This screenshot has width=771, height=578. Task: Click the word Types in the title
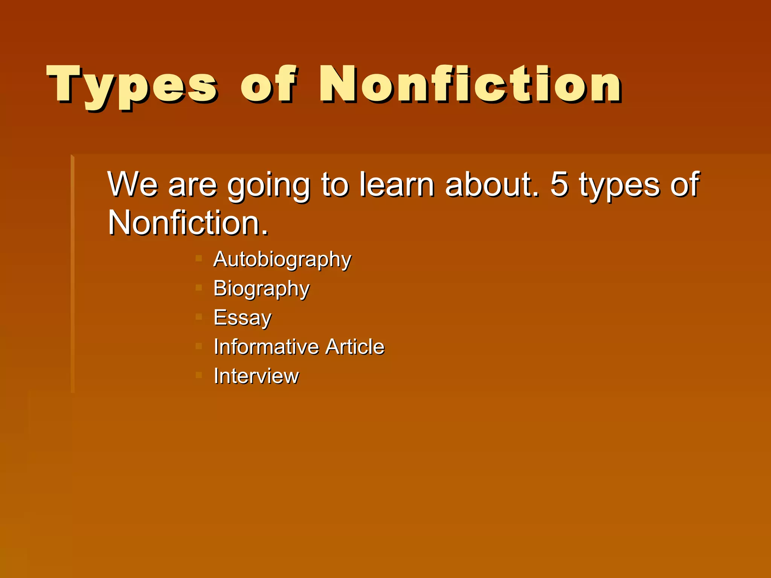tap(132, 86)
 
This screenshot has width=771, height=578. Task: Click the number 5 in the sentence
tap(559, 184)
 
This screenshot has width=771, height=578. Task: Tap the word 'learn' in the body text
tap(396, 184)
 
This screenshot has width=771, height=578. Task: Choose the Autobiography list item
tap(282, 260)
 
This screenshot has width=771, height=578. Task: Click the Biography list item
tap(261, 289)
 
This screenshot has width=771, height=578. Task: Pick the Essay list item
tap(242, 318)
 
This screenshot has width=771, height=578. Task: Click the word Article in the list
tap(355, 347)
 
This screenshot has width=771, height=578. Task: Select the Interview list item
tap(256, 376)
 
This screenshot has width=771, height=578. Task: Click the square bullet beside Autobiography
tap(199, 259)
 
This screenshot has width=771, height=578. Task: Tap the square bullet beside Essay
tap(199, 317)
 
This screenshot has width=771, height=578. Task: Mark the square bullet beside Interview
tap(199, 375)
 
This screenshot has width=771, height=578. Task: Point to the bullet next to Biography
tap(199, 288)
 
